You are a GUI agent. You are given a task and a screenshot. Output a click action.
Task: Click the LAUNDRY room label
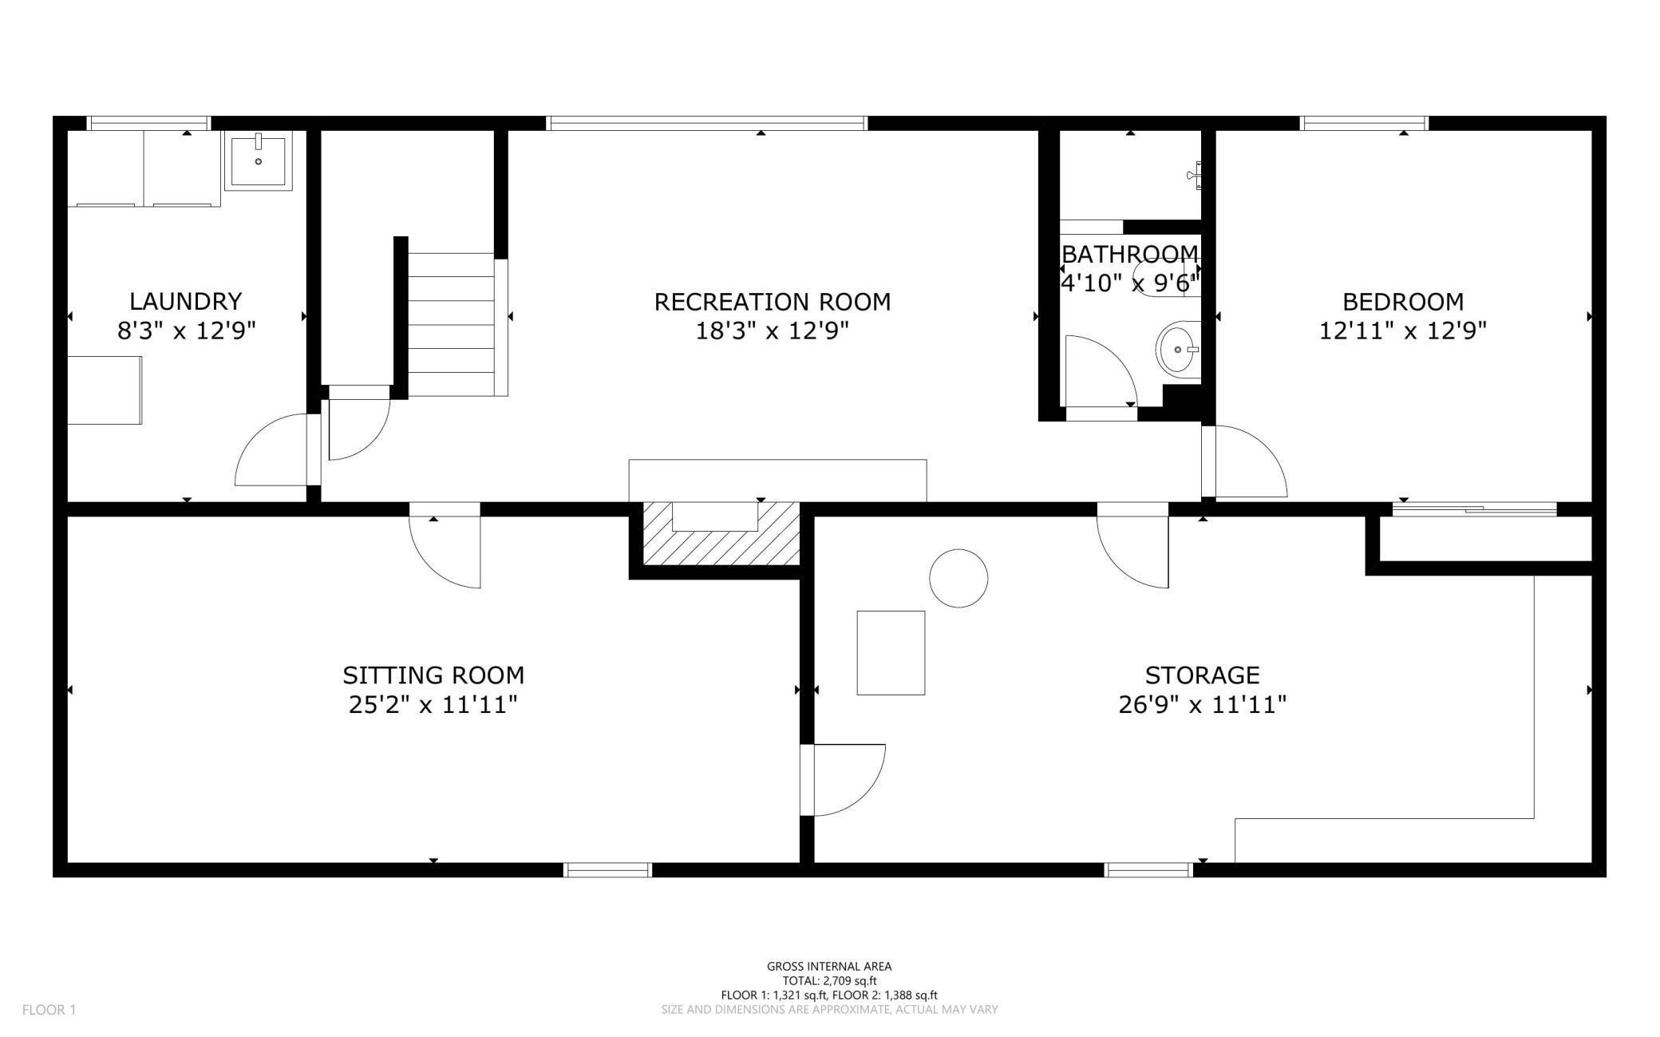click(185, 301)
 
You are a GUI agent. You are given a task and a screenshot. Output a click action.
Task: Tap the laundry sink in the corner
click(259, 160)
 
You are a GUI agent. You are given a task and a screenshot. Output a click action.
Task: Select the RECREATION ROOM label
click(772, 302)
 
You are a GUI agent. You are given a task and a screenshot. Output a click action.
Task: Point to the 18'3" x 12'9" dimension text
click(772, 330)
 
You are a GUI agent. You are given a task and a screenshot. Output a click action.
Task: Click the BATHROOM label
click(1129, 254)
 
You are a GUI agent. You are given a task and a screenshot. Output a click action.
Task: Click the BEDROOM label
click(1402, 302)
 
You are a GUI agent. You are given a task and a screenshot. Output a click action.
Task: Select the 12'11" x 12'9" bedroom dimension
click(1402, 330)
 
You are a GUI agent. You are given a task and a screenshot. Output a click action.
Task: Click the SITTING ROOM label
click(433, 675)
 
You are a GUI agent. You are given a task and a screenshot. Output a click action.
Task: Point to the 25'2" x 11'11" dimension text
click(433, 705)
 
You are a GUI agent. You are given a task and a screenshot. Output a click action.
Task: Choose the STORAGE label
click(1202, 675)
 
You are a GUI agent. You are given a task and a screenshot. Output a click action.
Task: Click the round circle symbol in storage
click(958, 578)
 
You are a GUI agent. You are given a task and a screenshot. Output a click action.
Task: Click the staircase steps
click(452, 324)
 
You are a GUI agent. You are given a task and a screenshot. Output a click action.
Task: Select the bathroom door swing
click(1100, 372)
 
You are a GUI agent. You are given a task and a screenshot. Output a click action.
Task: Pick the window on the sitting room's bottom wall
click(608, 870)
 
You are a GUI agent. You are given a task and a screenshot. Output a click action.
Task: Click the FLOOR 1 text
click(49, 1010)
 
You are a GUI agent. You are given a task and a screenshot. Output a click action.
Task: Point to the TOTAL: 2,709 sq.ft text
click(829, 980)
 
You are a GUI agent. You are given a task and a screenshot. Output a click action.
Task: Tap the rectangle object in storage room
click(891, 652)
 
